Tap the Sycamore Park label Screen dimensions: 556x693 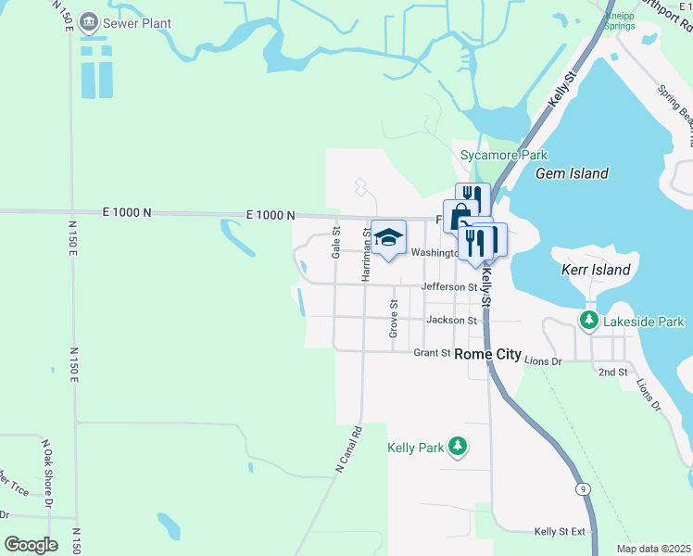click(504, 155)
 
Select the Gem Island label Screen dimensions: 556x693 click(572, 173)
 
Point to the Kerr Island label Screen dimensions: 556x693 click(596, 271)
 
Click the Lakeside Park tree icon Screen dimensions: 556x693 click(588, 321)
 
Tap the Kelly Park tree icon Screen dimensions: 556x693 click(456, 448)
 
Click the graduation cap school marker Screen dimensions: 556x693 click(389, 236)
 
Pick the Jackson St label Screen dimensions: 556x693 click(451, 321)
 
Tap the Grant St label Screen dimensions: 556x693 click(432, 353)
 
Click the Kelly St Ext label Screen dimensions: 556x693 click(561, 532)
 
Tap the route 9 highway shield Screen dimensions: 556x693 click(582, 488)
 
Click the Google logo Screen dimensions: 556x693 click(31, 544)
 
